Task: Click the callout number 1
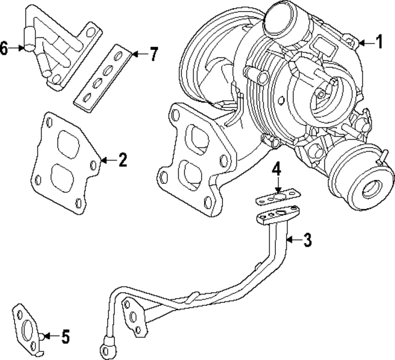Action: point(380,42)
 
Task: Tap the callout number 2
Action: point(122,161)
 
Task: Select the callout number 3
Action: point(307,240)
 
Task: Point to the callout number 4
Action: point(278,168)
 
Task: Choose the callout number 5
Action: point(65,337)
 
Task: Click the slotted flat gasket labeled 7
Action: point(102,75)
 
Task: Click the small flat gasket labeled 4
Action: point(277,197)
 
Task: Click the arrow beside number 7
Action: point(138,54)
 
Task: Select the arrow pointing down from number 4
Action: point(278,184)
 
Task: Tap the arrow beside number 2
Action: point(106,161)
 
